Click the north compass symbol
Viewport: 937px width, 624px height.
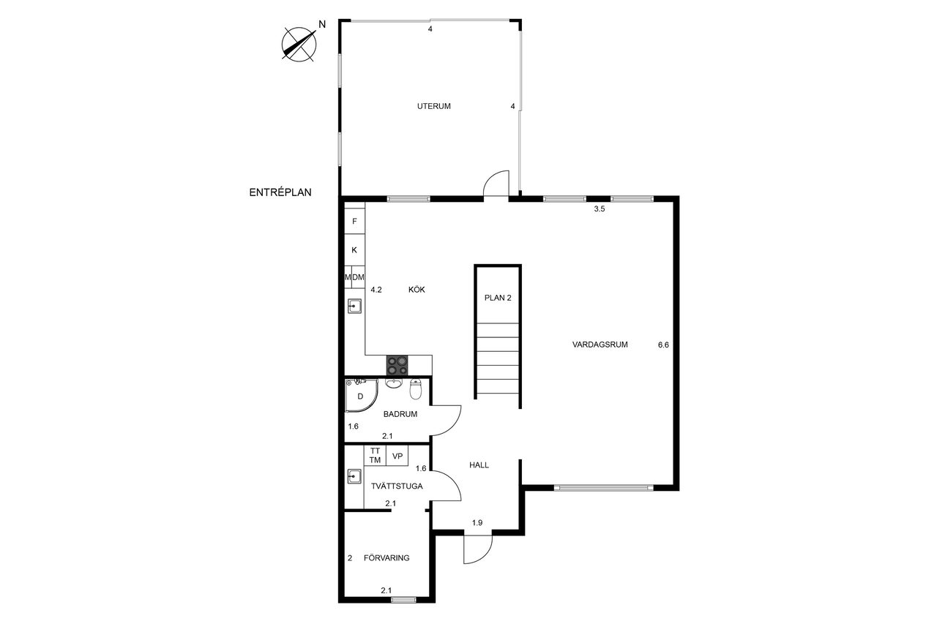[299, 45]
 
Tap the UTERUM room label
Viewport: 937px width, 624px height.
[434, 106]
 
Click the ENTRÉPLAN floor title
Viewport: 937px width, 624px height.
[280, 192]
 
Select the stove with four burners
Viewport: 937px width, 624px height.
[397, 365]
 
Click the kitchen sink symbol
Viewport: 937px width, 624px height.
[354, 307]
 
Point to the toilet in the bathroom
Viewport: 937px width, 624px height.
[416, 388]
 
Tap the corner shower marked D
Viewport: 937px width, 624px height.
[361, 395]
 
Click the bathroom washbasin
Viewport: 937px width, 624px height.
[394, 383]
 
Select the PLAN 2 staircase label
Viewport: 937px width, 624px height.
[498, 298]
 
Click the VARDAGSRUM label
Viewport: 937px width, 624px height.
[600, 345]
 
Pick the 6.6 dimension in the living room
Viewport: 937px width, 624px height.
[663, 345]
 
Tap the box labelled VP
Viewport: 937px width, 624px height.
[397, 456]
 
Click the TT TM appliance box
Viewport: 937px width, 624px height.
[375, 456]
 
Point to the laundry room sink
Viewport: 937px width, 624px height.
[354, 476]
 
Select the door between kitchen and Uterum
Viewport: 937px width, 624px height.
[496, 183]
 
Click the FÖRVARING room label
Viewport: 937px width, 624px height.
[387, 558]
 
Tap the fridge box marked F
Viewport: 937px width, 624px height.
[354, 221]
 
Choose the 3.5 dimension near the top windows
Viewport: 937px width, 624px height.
[600, 209]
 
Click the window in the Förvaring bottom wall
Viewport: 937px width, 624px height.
[403, 600]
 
